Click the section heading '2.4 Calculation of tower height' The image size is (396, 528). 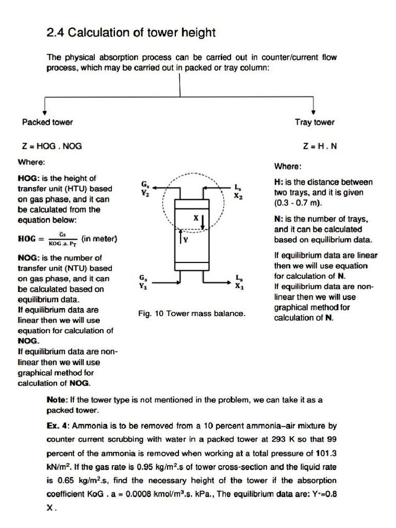(x=131, y=34)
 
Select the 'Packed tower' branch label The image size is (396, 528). (x=47, y=122)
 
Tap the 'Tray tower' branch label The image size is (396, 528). (x=314, y=122)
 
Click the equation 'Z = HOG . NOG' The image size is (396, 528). (x=52, y=146)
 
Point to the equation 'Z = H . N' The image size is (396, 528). (x=320, y=146)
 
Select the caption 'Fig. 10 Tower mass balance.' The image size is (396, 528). (x=192, y=313)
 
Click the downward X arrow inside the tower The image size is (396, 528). (x=204, y=222)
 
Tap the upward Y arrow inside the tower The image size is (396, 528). (x=180, y=237)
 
